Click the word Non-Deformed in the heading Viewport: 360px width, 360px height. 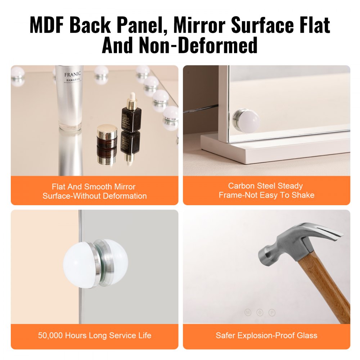click(206, 46)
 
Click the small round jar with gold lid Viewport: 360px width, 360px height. click(107, 134)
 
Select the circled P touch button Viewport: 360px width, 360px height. click(272, 312)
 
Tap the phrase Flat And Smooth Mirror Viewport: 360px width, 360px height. click(94, 186)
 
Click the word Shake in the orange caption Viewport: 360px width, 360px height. click(303, 195)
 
